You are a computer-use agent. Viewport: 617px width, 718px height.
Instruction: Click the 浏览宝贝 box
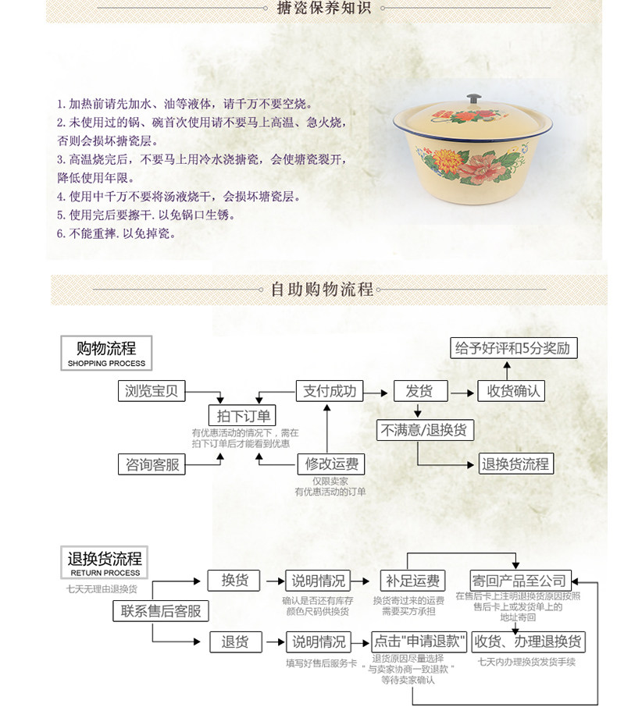click(152, 391)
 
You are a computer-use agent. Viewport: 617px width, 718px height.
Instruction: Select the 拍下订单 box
click(242, 417)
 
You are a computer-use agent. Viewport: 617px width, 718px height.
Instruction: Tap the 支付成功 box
click(329, 391)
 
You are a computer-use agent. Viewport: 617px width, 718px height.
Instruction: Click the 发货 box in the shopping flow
click(419, 391)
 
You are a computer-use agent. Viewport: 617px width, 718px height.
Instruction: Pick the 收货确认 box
click(511, 391)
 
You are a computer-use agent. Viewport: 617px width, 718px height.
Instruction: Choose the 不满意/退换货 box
click(426, 429)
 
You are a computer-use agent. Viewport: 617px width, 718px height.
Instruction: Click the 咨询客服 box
click(152, 464)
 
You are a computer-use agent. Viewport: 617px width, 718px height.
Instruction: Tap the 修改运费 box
click(331, 464)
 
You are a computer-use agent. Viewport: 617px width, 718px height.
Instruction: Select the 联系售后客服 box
click(162, 611)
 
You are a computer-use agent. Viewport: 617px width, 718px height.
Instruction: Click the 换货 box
click(234, 581)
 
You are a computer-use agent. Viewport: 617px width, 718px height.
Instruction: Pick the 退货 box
click(234, 642)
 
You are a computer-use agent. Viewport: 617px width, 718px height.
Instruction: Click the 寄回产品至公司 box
click(519, 581)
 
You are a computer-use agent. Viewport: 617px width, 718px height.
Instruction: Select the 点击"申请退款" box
click(419, 642)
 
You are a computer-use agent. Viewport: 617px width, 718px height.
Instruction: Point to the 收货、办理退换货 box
click(528, 642)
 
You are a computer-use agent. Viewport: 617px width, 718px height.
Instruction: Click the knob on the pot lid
click(473, 99)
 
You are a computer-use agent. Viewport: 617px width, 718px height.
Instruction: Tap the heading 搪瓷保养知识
click(323, 9)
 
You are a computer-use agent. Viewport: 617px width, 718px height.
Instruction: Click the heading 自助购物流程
click(322, 289)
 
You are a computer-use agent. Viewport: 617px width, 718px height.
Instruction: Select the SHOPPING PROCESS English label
click(106, 363)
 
